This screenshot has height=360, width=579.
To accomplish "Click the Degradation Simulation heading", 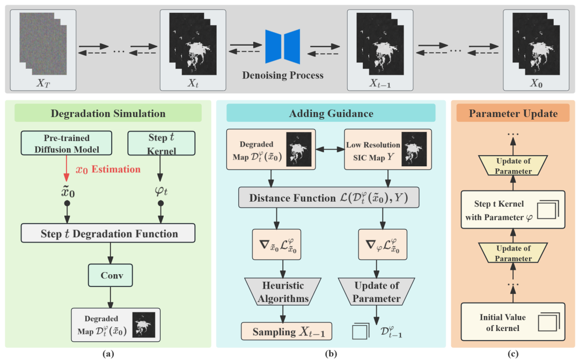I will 108,113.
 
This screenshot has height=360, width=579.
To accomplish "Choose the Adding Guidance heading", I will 331,113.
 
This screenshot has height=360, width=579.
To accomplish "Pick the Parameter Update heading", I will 513,114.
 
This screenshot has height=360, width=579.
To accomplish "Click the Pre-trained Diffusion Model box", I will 67,142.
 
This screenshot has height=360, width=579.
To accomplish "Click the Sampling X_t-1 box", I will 286,332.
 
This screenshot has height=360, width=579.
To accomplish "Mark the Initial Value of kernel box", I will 513,322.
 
